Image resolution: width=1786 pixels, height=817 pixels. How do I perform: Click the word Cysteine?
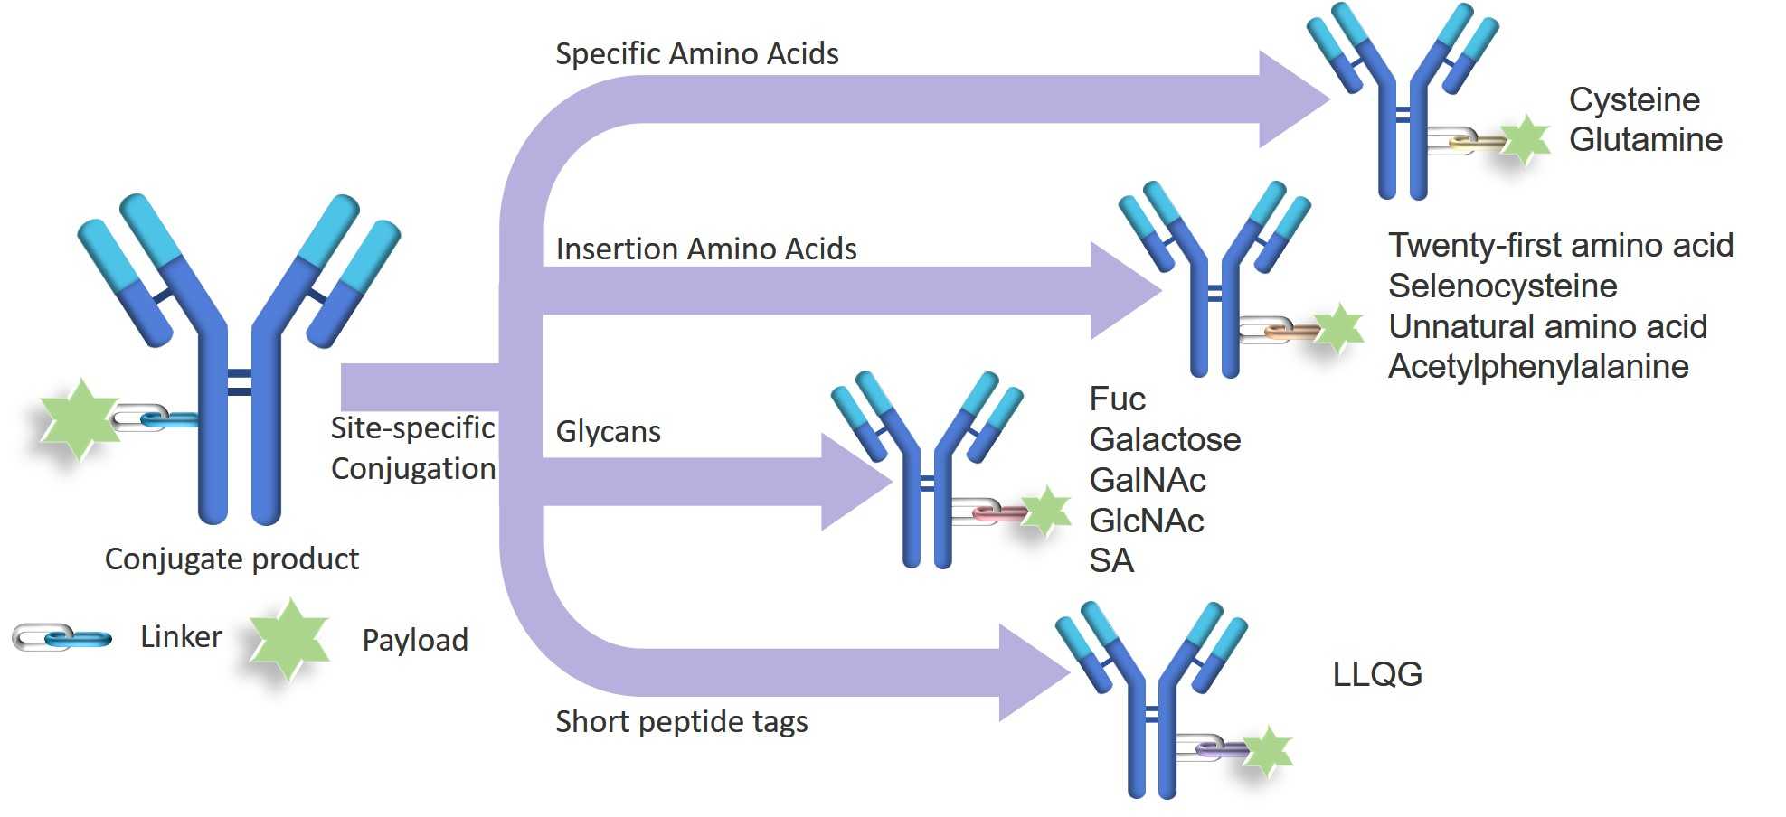click(1633, 100)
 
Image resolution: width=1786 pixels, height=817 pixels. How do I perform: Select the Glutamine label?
click(1645, 140)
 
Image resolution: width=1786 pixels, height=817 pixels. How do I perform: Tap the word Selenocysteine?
click(1502, 286)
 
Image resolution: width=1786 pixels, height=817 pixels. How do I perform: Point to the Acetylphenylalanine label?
click(1537, 367)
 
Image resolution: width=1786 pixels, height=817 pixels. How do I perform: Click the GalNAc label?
click(1147, 480)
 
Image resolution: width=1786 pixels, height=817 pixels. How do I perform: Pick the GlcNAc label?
click(1146, 521)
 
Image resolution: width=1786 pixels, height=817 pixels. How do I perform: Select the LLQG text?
click(1376, 674)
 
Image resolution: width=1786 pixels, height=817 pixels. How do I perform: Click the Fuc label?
click(1117, 399)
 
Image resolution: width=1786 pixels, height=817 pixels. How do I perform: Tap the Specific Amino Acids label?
click(696, 54)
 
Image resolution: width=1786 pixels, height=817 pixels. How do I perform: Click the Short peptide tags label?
click(681, 721)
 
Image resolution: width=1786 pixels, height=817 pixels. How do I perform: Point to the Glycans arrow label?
click(608, 432)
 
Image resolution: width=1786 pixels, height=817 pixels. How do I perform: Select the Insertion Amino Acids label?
click(705, 249)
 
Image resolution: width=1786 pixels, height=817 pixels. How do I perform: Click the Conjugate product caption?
click(232, 559)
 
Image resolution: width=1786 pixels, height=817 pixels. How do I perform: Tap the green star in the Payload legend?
click(288, 638)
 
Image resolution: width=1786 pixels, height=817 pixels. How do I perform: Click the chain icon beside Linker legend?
click(61, 638)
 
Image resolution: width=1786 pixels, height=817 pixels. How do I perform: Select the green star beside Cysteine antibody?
click(1526, 140)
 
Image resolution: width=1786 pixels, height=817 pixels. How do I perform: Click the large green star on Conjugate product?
click(80, 419)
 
